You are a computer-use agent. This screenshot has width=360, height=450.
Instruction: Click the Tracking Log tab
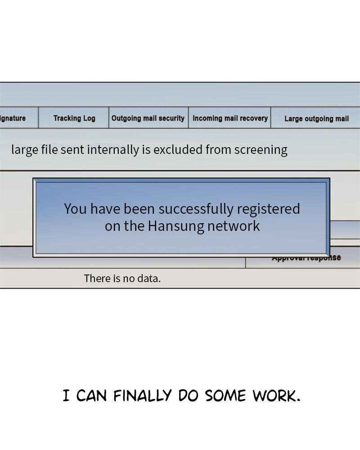pos(74,118)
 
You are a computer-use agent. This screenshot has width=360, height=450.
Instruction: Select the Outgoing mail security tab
pos(148,118)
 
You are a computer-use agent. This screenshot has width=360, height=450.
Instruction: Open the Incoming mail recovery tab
pos(230,118)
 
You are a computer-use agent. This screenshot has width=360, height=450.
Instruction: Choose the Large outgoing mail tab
pos(316,119)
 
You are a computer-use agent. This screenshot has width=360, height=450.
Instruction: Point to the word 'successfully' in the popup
pos(196,209)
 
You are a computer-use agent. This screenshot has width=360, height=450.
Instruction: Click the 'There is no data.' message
pos(122,279)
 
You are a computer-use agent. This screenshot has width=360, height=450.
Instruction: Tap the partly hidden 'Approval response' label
pos(306,258)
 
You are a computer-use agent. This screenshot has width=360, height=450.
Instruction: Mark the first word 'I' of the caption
pos(66,396)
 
